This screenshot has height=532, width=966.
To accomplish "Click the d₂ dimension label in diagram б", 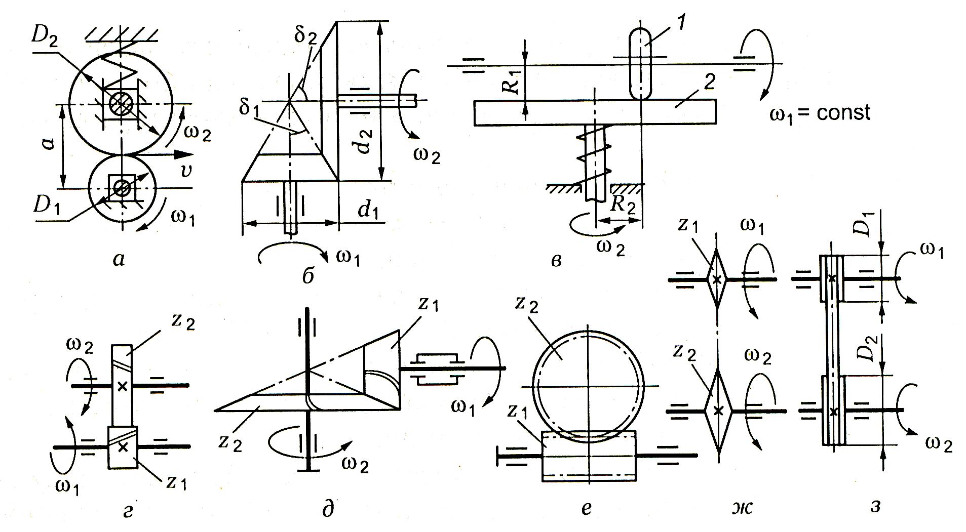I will click(x=365, y=141).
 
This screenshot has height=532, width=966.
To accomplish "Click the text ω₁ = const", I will click(x=820, y=112).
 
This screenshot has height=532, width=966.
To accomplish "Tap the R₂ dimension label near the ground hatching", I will click(x=623, y=203).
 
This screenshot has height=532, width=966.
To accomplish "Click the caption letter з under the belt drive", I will click(x=875, y=506).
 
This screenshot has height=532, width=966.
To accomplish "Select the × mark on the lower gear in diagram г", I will click(x=123, y=447).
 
